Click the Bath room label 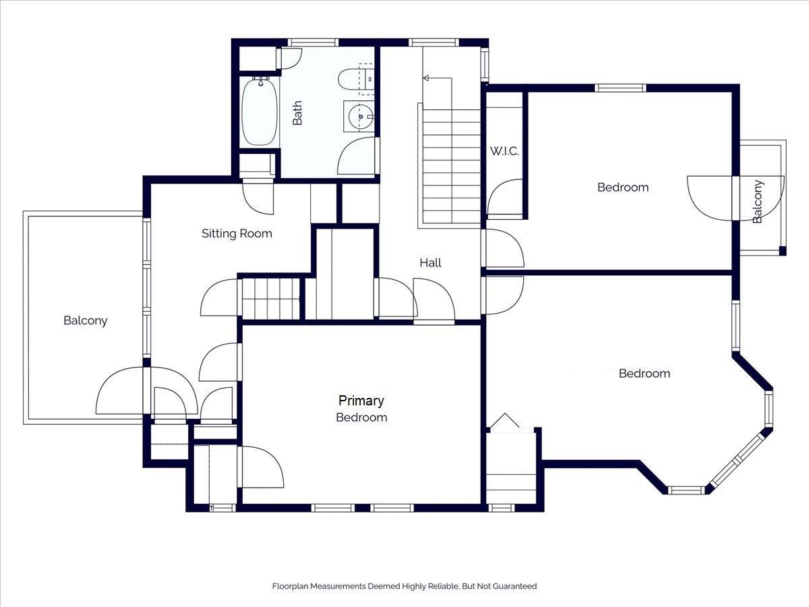(x=297, y=113)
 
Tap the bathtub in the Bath (x=259, y=111)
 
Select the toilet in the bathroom (x=355, y=79)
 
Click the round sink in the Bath (x=361, y=117)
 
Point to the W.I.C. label (x=504, y=151)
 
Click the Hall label (x=430, y=263)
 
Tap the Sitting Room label (x=237, y=233)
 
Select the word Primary (x=361, y=401)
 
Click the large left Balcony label (x=85, y=320)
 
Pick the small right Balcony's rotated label (x=757, y=201)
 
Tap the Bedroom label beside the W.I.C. (x=623, y=187)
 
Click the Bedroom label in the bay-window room (x=645, y=374)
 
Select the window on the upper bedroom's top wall (x=620, y=88)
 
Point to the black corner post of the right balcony (x=783, y=251)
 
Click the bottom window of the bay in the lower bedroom (x=686, y=490)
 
